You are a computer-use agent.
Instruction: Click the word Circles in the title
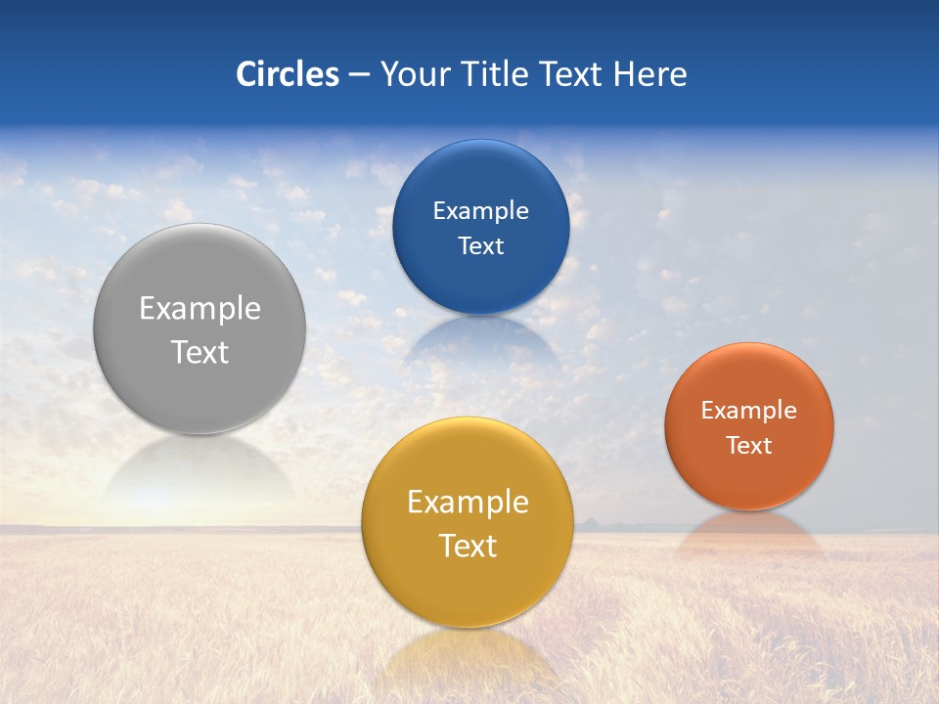tap(287, 74)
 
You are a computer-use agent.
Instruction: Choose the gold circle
tap(468, 587)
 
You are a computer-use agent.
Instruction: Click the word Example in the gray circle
tap(200, 309)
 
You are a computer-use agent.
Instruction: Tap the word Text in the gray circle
tap(200, 352)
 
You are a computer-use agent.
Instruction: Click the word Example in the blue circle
tap(480, 211)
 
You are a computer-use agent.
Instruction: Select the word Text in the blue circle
tap(480, 245)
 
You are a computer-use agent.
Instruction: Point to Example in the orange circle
tap(748, 411)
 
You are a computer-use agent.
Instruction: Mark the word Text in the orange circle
tap(748, 445)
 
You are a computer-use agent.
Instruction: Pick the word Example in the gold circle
tap(468, 503)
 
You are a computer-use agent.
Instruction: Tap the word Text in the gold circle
tap(468, 546)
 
